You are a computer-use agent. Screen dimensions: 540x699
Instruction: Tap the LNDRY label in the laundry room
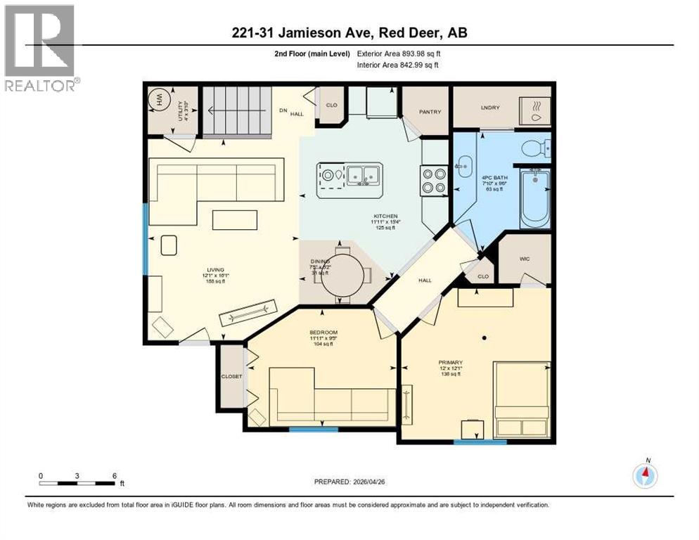490,108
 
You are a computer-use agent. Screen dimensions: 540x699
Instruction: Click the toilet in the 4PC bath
537,148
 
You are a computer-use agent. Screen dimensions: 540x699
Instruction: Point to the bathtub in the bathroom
535,199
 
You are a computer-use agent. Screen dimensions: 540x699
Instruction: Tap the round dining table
341,278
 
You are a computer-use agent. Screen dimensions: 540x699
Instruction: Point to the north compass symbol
645,476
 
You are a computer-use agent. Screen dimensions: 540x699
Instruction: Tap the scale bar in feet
77,483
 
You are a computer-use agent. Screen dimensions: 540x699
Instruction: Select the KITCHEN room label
386,216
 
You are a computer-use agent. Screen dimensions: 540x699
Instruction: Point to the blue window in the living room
146,238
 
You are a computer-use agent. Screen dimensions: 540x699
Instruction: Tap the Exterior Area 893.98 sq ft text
399,53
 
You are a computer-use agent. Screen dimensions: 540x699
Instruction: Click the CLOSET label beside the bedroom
232,376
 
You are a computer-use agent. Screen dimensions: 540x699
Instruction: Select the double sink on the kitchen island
364,173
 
